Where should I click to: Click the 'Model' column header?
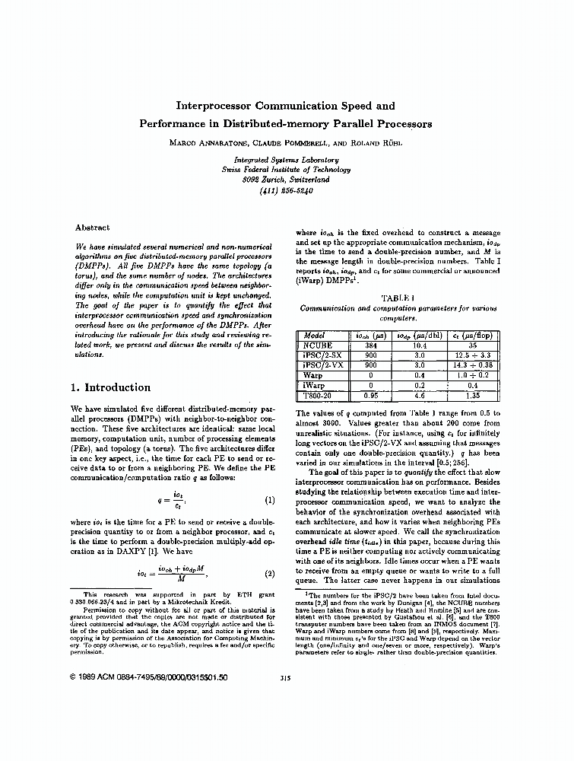point(314,335)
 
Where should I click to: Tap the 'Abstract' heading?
point(92,228)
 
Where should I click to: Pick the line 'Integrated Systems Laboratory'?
point(286,160)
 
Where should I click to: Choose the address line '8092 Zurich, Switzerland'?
point(286,180)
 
